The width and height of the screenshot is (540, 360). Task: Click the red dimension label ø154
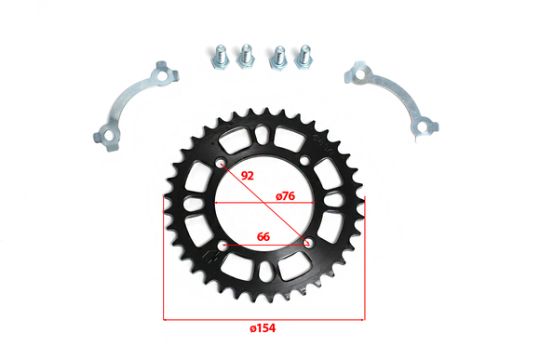pyautogui.click(x=263, y=328)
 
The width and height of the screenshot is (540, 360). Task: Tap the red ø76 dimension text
pyautogui.click(x=286, y=196)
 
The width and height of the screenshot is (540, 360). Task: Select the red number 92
pyautogui.click(x=248, y=176)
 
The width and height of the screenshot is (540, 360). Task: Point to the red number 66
pyautogui.click(x=263, y=237)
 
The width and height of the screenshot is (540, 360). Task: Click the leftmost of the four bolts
pyautogui.click(x=221, y=58)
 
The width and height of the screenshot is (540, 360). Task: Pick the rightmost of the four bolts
pyautogui.click(x=304, y=57)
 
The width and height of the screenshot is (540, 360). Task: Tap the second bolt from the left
pyautogui.click(x=246, y=57)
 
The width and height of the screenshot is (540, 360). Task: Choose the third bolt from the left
pyautogui.click(x=278, y=58)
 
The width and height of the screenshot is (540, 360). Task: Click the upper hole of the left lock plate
pyautogui.click(x=161, y=74)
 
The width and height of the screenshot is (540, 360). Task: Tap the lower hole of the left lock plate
pyautogui.click(x=109, y=137)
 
